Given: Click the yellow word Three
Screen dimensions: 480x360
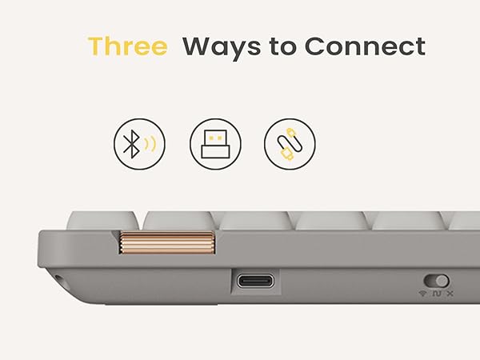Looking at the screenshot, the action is (x=128, y=46).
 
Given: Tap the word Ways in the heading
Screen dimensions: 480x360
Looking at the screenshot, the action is (x=222, y=48).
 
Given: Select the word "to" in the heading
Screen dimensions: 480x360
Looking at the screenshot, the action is (x=283, y=47).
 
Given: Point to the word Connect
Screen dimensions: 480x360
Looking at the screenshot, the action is (x=365, y=46).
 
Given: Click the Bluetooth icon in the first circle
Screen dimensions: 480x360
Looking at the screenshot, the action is (x=131, y=144).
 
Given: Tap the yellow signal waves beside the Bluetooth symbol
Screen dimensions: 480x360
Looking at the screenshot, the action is (x=150, y=144).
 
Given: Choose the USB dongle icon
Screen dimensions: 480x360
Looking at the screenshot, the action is (x=215, y=144).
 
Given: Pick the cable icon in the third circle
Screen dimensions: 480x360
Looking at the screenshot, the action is (x=290, y=144).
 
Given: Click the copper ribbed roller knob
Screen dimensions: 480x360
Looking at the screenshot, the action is (x=166, y=243).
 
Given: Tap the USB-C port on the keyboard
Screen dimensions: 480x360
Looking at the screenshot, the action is (x=255, y=281).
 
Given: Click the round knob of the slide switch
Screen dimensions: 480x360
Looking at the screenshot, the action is (x=442, y=281).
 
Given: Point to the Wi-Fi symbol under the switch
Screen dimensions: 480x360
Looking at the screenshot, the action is (x=422, y=294).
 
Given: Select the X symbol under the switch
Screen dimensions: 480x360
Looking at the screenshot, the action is (x=450, y=294).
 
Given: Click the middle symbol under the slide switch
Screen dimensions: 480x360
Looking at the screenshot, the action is (x=437, y=294).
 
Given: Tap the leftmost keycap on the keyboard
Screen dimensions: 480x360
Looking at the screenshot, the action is (x=103, y=220).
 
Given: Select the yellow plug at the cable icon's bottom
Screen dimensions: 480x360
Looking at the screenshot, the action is (x=287, y=154).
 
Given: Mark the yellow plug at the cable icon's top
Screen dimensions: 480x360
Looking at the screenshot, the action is (x=291, y=133).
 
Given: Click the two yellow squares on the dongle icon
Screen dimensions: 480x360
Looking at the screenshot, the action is (x=215, y=138).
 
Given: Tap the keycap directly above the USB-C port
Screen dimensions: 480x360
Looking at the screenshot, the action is (x=255, y=221).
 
